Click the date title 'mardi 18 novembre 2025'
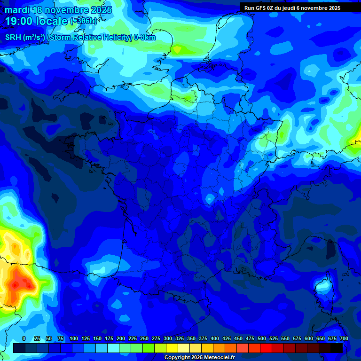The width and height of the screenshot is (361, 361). click(58, 10)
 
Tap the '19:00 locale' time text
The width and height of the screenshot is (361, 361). click(36, 21)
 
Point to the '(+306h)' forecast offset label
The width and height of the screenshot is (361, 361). click(84, 21)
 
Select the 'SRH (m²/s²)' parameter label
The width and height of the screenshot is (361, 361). click(25, 38)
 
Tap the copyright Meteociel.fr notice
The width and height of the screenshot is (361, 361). click(199, 357)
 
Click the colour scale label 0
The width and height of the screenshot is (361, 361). click(24, 338)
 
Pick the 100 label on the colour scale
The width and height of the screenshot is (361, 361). click(74, 338)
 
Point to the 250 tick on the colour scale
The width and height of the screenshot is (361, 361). click(144, 338)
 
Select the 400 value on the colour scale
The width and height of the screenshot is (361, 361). click(215, 338)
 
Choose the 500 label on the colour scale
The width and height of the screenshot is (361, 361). click(262, 338)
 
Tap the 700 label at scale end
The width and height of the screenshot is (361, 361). click(344, 338)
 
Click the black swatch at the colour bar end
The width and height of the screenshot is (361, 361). click(336, 348)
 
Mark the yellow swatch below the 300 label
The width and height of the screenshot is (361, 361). click(172, 348)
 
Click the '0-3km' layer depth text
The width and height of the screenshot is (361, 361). click(144, 38)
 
